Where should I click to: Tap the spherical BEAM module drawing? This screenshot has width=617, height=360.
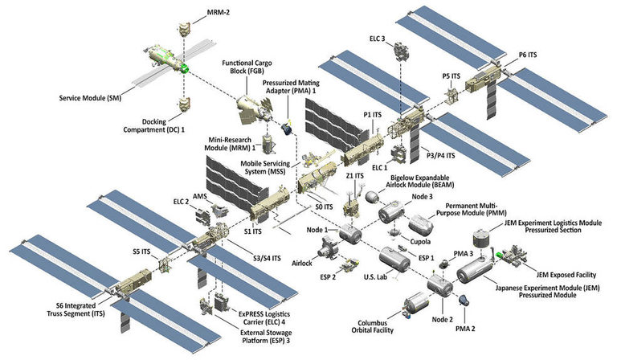pos(370,195)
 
